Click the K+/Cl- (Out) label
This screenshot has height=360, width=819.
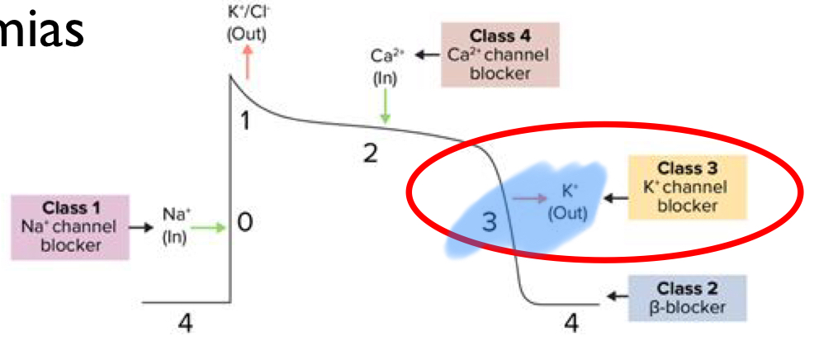246,24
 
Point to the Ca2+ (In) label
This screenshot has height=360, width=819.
386,67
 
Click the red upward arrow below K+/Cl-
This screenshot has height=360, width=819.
246,62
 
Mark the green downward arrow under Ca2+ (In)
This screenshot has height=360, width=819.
385,106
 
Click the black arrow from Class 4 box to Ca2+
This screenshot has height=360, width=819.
427,55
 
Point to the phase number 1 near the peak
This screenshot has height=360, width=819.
244,121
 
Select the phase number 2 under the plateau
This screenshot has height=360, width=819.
372,154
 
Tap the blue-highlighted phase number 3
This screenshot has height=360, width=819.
490,222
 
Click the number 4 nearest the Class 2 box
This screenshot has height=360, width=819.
571,324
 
